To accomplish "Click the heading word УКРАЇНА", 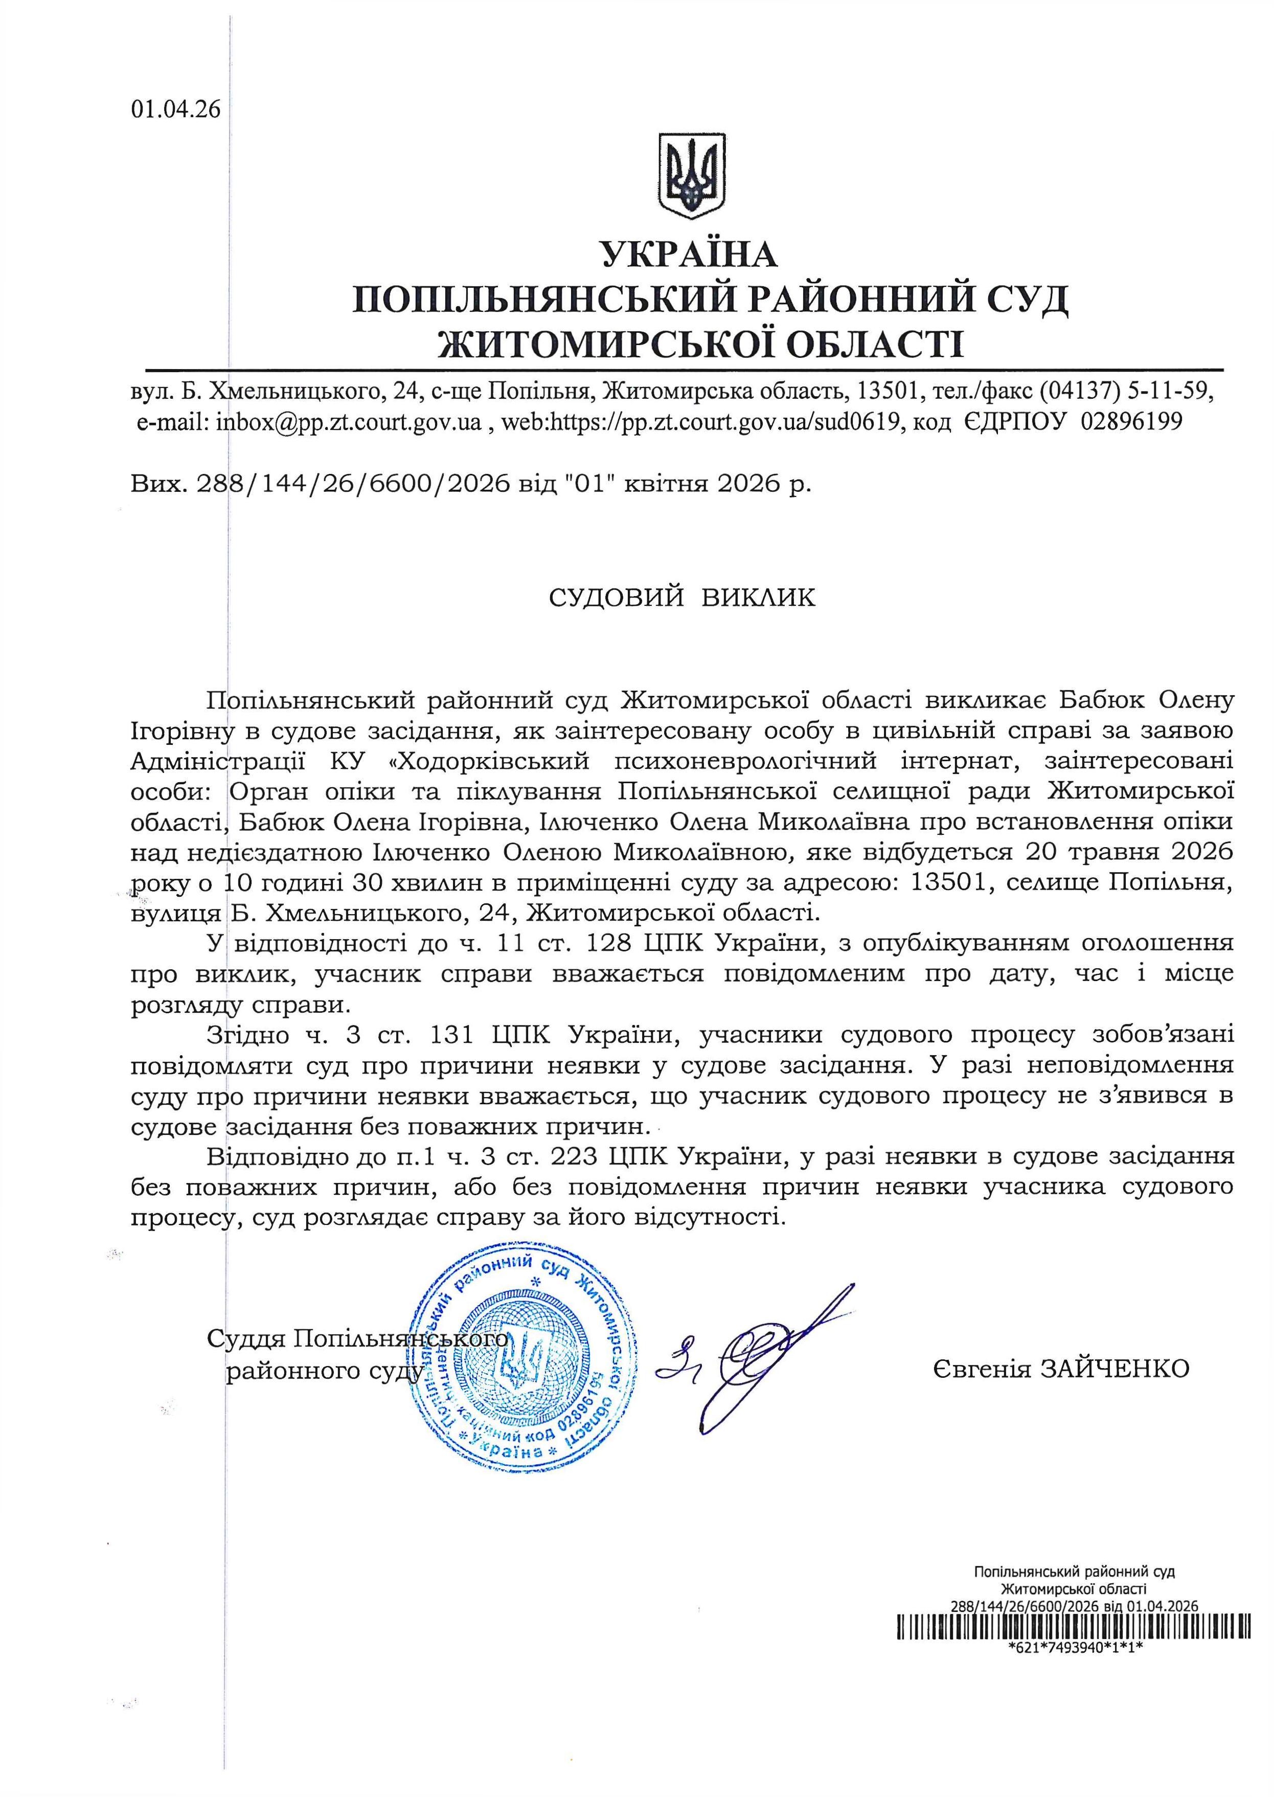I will point(688,255).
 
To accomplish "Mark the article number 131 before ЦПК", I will point(451,1035).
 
